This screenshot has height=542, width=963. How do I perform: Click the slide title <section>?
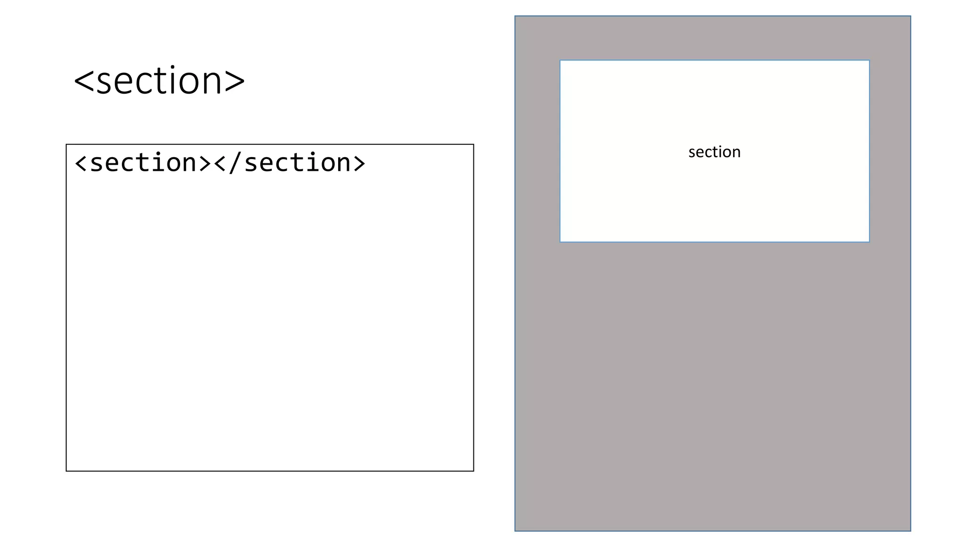(159, 81)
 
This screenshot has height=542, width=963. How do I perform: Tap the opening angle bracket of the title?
(84, 81)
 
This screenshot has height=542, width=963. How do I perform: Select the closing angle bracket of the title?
(235, 81)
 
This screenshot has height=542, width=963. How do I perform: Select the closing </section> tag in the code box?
(290, 163)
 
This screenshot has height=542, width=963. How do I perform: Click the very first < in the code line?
(81, 163)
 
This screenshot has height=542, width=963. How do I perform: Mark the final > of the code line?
(359, 163)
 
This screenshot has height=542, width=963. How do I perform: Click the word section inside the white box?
(714, 152)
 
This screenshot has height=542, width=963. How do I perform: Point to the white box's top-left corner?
(560, 60)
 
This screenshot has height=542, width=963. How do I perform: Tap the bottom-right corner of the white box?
(869, 242)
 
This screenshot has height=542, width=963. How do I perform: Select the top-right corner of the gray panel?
(911, 16)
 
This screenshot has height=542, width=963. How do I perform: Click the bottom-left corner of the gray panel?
(515, 531)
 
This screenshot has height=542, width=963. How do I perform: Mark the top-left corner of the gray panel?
(515, 16)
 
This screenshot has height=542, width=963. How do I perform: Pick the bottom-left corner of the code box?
(66, 471)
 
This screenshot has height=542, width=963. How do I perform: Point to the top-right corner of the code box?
(474, 144)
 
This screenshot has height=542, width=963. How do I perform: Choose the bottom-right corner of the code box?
(474, 471)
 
